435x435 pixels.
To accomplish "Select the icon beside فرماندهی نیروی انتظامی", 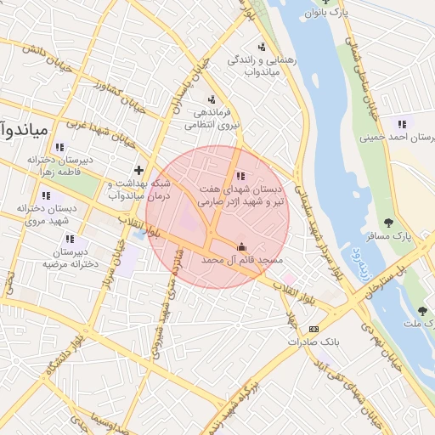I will point(210,99).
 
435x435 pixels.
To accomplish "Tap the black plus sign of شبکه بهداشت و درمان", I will point(138,170).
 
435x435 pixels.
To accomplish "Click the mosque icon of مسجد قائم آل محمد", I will point(240,246).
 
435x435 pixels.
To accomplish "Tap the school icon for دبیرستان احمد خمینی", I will point(402,124).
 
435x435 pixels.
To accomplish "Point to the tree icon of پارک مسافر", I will point(388,223).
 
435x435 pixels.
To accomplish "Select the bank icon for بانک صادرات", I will point(314,330).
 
